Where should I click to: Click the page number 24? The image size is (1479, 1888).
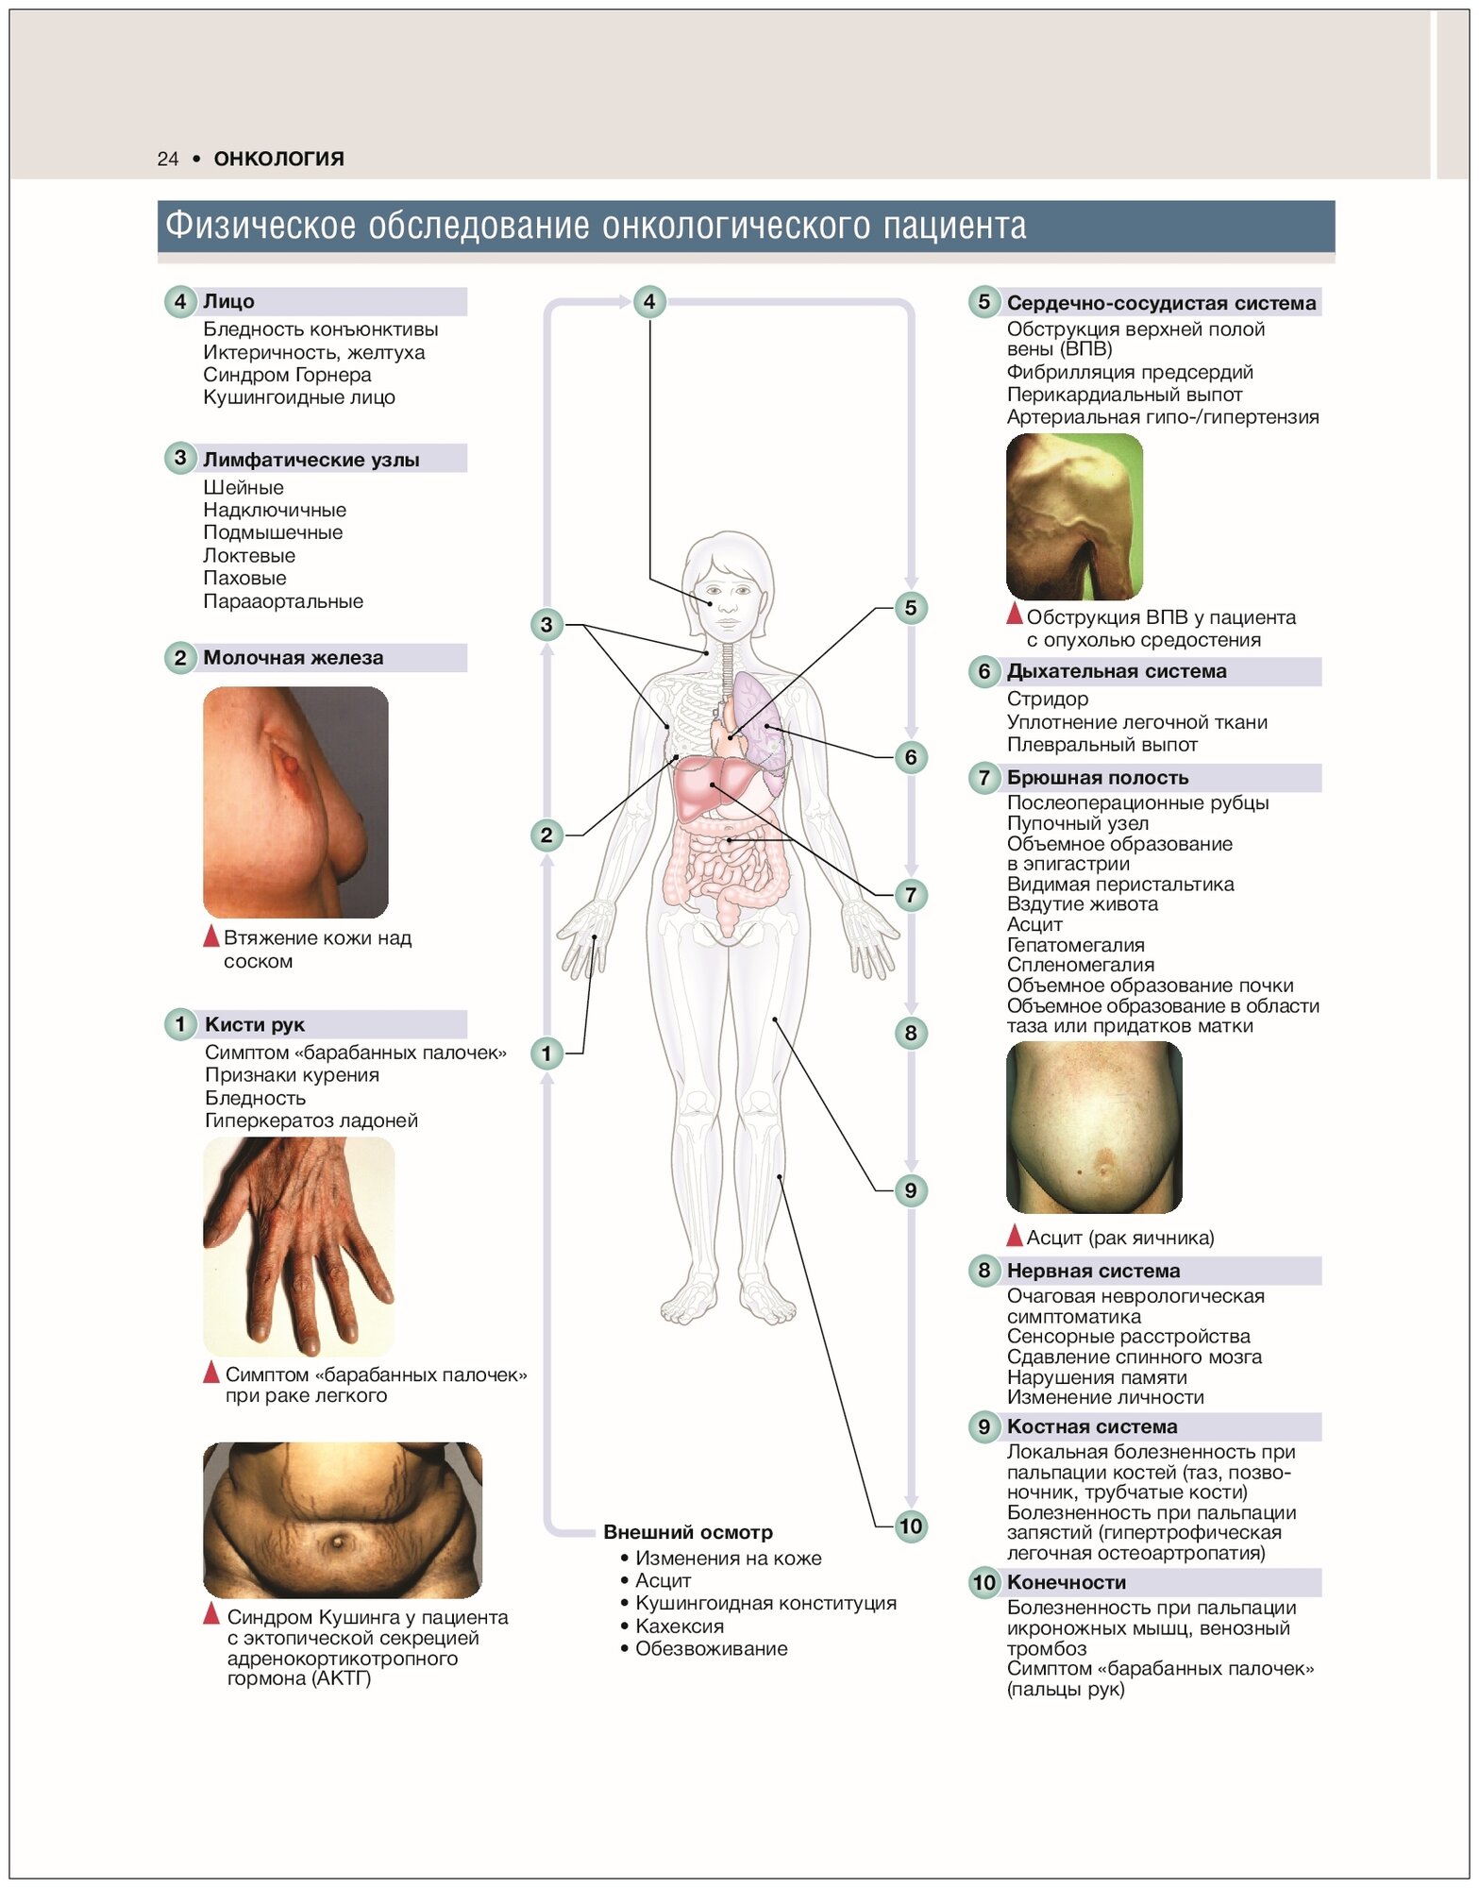pyautogui.click(x=167, y=159)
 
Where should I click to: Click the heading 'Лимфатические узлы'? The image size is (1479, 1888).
pyautogui.click(x=311, y=460)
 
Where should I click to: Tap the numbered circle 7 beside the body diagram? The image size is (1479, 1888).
pyautogui.click(x=910, y=895)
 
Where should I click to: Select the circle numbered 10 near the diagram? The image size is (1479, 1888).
pyautogui.click(x=910, y=1526)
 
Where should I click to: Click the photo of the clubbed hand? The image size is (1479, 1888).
pyautogui.click(x=298, y=1246)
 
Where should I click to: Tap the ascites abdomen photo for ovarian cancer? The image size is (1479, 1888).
pyautogui.click(x=1093, y=1127)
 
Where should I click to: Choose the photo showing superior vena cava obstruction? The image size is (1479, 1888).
pyautogui.click(x=1073, y=516)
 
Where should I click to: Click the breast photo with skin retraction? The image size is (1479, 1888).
pyautogui.click(x=294, y=801)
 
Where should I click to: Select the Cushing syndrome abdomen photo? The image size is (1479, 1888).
pyautogui.click(x=342, y=1520)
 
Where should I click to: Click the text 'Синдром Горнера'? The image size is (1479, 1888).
pyautogui.click(x=287, y=375)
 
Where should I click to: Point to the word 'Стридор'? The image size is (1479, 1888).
pyautogui.click(x=1047, y=700)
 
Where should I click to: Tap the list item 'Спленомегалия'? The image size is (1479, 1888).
pyautogui.click(x=1080, y=965)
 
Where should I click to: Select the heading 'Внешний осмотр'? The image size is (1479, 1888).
pyautogui.click(x=687, y=1532)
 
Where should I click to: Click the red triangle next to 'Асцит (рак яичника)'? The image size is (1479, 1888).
pyautogui.click(x=1014, y=1236)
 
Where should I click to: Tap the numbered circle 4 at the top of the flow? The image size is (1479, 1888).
pyautogui.click(x=648, y=302)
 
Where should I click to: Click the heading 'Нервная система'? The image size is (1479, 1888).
pyautogui.click(x=1092, y=1271)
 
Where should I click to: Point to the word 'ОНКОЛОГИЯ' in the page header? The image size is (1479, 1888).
pyautogui.click(x=278, y=159)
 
